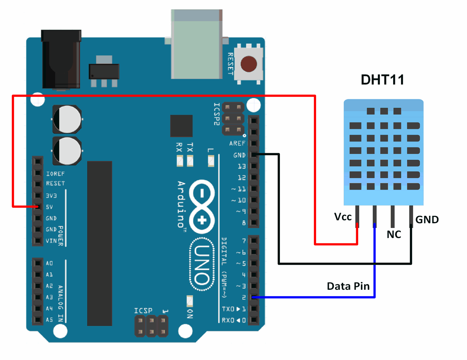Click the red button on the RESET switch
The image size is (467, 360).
point(249,64)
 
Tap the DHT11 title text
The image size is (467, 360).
point(382,80)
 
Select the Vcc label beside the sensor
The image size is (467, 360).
point(343,217)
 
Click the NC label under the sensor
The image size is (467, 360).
point(394,234)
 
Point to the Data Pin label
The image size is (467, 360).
point(348,286)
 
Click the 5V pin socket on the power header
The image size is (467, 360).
point(38,207)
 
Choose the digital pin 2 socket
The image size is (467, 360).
point(254,297)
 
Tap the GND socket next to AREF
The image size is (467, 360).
point(254,155)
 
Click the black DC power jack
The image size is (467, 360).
point(61,59)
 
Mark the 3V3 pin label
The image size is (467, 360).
point(51,196)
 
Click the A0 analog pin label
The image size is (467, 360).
point(49,263)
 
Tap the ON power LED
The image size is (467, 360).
point(190,301)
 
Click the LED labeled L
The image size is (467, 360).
point(211,161)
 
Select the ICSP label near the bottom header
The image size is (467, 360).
point(143,311)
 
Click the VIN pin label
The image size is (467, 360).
point(51,241)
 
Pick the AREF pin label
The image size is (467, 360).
point(237,144)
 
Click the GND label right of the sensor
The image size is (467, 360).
point(427,220)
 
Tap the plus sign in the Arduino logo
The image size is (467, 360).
point(202,220)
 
